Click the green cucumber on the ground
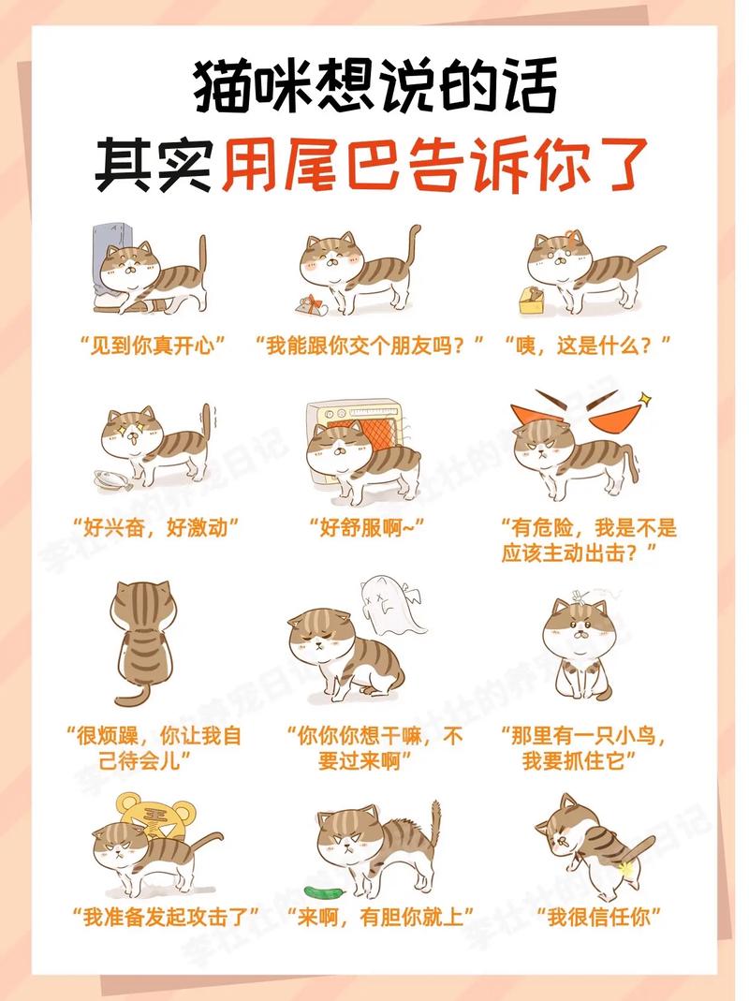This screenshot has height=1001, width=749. click(x=320, y=889)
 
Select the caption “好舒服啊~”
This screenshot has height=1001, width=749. click(x=373, y=527)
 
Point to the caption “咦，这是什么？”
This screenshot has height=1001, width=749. click(x=587, y=347)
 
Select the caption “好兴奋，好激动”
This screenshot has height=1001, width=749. click(x=155, y=527)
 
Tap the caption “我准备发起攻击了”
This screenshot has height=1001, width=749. click(x=165, y=915)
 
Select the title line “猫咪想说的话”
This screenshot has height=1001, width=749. click(x=374, y=85)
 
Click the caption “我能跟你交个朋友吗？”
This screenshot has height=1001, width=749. click(x=371, y=347)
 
